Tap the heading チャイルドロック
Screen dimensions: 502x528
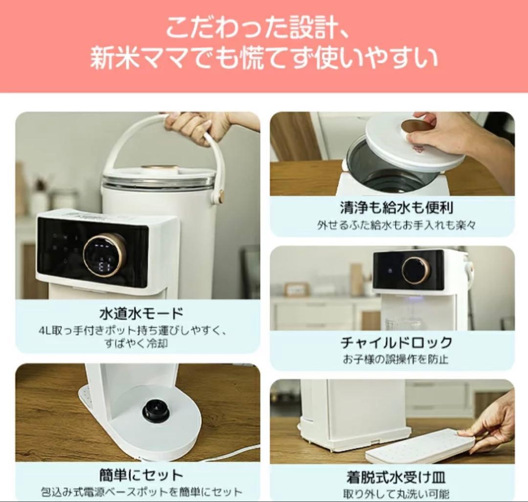tap(396, 342)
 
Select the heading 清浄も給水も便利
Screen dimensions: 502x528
tap(396, 207)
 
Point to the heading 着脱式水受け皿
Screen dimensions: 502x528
tap(396, 477)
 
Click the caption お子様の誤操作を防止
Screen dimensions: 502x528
tap(395, 359)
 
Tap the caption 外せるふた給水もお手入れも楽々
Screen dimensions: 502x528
tap(396, 225)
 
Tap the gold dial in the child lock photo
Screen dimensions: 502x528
tap(416, 270)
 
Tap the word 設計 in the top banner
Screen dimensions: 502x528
tap(294, 28)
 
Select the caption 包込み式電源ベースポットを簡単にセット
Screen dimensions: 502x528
tap(141, 492)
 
